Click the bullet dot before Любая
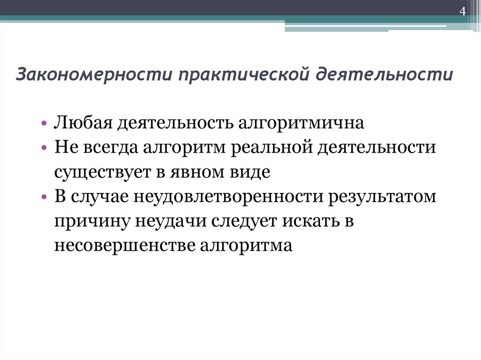pos(44,124)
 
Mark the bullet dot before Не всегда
pos(44,149)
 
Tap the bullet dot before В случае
pos(44,197)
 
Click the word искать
pos(307,221)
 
